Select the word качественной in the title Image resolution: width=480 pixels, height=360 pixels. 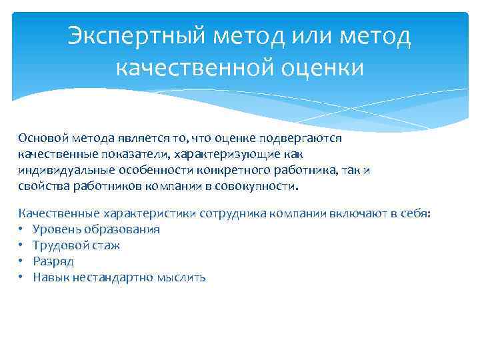point(188,67)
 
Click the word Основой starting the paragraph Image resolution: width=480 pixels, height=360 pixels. point(42,138)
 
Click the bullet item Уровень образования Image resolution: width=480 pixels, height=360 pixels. point(97,229)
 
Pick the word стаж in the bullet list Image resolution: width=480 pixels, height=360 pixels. point(107,245)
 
